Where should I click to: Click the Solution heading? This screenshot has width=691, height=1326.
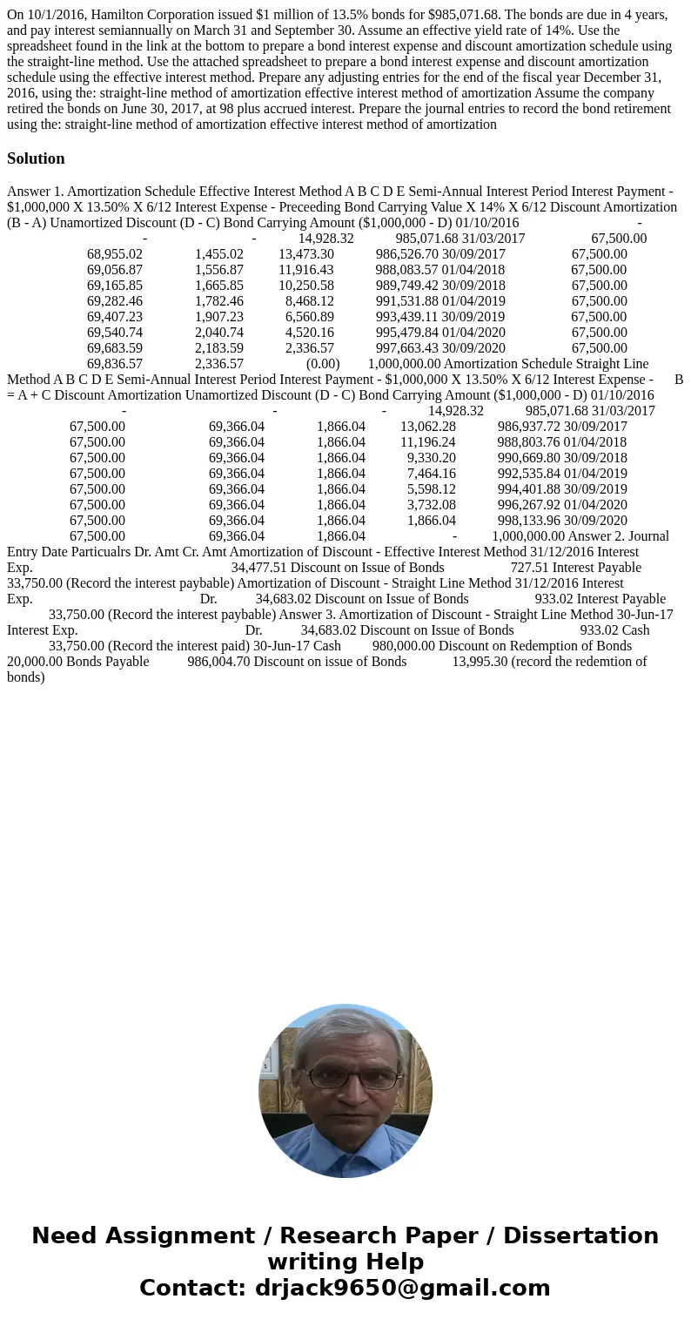36,158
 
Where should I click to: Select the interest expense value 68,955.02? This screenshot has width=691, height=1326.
114,254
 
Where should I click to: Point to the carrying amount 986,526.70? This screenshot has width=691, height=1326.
406,254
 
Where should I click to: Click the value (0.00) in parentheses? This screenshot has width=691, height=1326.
322,364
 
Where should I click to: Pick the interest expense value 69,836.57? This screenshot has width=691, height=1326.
114,364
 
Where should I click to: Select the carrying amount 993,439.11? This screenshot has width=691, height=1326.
406,317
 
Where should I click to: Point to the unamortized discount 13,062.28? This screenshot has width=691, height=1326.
427,427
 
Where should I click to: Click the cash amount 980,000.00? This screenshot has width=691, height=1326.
403,646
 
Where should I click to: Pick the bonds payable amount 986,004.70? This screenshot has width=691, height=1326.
218,662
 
